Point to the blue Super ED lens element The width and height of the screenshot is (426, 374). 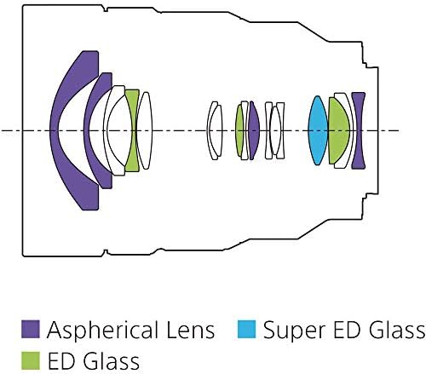(318, 130)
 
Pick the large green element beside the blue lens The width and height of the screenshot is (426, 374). (338, 130)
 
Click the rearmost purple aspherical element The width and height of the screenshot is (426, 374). (359, 130)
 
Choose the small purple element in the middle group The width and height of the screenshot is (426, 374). (254, 130)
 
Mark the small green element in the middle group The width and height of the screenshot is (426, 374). (239, 130)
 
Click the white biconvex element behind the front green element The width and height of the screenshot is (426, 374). (145, 130)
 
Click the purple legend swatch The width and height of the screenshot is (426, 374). (31, 329)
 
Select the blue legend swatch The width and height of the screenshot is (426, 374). (246, 329)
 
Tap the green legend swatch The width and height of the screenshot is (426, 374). (31, 360)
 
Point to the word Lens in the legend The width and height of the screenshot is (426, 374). (191, 330)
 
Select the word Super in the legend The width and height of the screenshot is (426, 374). (294, 331)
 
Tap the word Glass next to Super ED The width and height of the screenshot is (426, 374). (397, 330)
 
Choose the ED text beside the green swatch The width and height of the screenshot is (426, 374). (61, 361)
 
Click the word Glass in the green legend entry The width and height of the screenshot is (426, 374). (112, 361)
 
